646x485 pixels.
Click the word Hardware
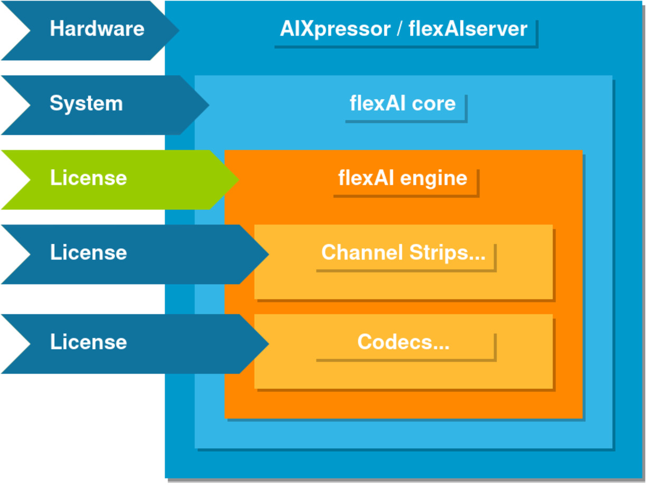[97, 29]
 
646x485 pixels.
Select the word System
[86, 104]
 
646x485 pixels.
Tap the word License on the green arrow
[88, 178]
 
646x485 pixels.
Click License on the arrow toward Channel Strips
[88, 253]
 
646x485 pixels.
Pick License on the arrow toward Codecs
[88, 342]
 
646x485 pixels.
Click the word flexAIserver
[468, 29]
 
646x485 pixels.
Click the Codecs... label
[403, 342]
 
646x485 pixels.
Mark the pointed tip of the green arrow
[237, 180]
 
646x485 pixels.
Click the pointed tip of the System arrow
[208, 105]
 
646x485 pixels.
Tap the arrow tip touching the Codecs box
[267, 344]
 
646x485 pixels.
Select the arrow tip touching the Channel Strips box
[267, 254]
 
